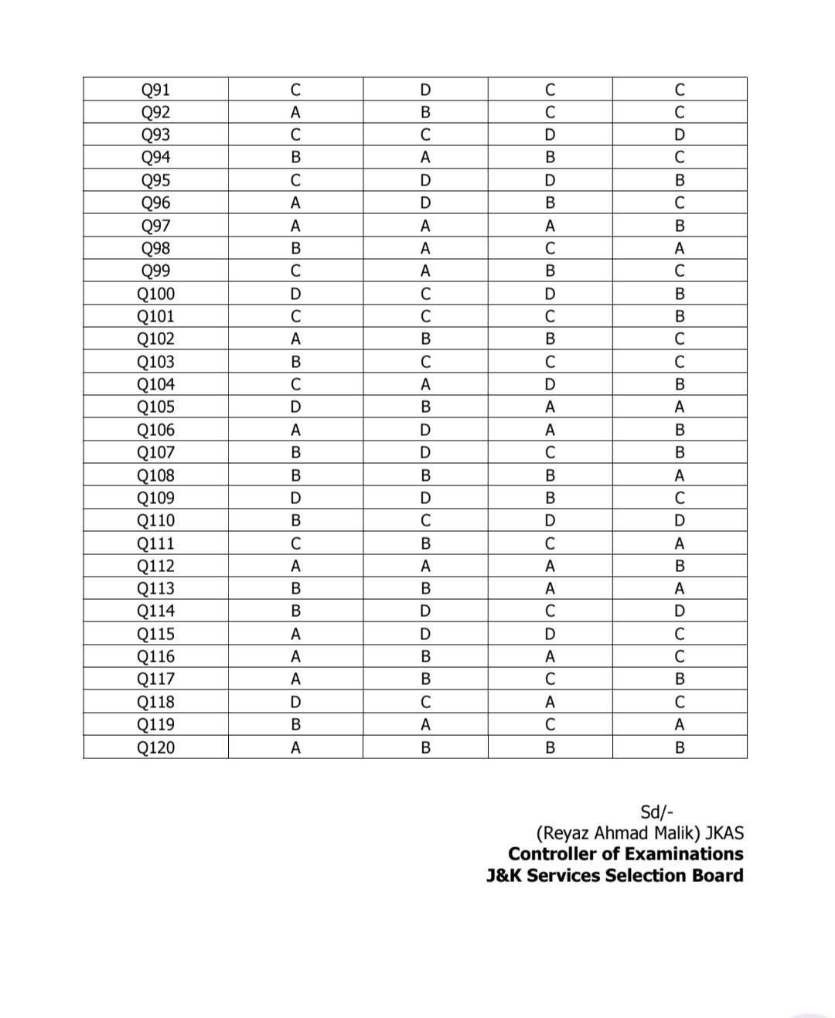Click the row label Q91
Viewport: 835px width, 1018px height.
tap(155, 90)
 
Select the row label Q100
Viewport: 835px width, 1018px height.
tap(155, 294)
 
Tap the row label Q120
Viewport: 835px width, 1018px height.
tap(155, 747)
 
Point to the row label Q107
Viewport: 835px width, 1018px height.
tap(155, 452)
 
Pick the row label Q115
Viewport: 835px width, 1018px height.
tap(155, 634)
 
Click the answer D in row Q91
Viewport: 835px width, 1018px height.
tap(425, 90)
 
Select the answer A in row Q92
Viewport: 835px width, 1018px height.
tap(295, 112)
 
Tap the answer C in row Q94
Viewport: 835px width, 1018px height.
tap(679, 158)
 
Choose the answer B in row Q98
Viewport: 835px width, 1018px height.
tap(295, 248)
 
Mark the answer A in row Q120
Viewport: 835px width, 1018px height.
tap(295, 747)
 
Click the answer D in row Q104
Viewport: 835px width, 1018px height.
tap(550, 384)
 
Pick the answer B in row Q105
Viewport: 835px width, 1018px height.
tap(425, 407)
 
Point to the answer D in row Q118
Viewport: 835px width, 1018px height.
tap(295, 702)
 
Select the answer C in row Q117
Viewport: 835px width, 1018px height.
tap(550, 679)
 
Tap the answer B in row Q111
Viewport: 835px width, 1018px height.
tap(425, 543)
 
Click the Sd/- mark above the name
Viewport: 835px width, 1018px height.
tap(657, 812)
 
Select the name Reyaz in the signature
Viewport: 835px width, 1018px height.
tap(564, 833)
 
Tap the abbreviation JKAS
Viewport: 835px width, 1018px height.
tap(724, 833)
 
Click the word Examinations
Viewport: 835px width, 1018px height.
tap(683, 854)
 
